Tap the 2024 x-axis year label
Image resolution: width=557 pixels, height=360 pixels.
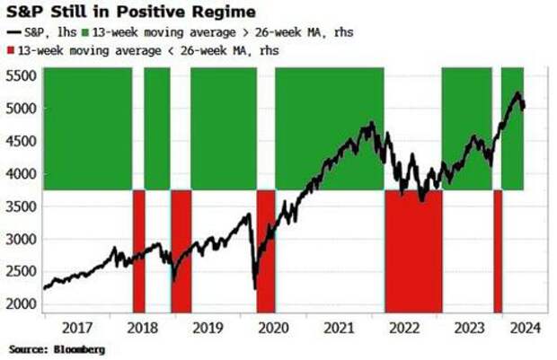524,327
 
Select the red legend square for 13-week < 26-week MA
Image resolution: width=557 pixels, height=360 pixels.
11,49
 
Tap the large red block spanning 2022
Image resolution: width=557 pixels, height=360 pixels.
413,251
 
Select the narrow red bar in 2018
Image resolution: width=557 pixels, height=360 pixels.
139,251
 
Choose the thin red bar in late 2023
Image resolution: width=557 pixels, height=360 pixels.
498,251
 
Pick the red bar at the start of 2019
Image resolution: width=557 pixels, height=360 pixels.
181,251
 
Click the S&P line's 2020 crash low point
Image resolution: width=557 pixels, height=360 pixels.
255,287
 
